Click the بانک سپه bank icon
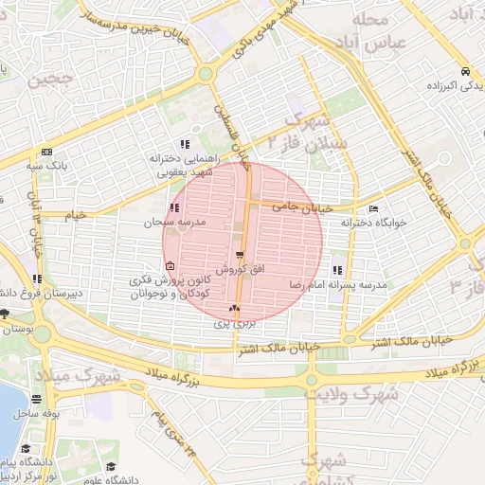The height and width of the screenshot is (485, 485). click(x=46, y=153)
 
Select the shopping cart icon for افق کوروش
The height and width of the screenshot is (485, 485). click(x=241, y=255)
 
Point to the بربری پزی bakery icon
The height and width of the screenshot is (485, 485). click(x=234, y=308)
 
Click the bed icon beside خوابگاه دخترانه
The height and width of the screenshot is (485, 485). click(x=373, y=208)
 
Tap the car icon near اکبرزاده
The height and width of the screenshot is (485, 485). click(x=464, y=72)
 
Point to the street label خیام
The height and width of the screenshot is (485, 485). click(x=75, y=215)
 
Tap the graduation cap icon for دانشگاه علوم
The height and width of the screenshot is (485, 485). click(x=113, y=466)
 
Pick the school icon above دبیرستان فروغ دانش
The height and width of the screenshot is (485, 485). click(x=37, y=278)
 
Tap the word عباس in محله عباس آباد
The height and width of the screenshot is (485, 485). click(x=368, y=42)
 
